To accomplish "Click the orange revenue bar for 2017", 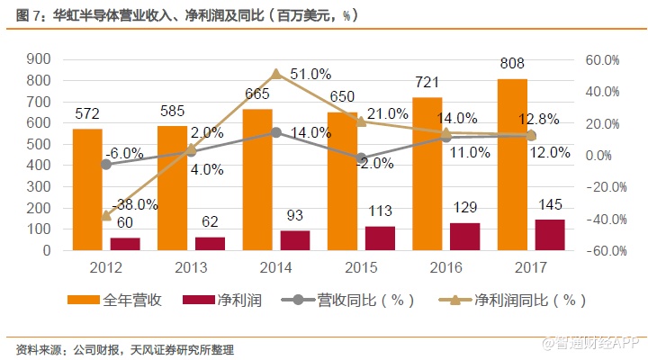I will (512, 166).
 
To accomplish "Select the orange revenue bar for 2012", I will (87, 189).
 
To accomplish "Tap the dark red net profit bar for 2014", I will (294, 240).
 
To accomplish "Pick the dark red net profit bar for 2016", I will (464, 236).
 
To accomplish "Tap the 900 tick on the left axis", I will (40, 59).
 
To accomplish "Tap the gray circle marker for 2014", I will (276, 132).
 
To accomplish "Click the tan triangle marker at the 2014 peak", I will (276, 74).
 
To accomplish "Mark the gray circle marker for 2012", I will (106, 164).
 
